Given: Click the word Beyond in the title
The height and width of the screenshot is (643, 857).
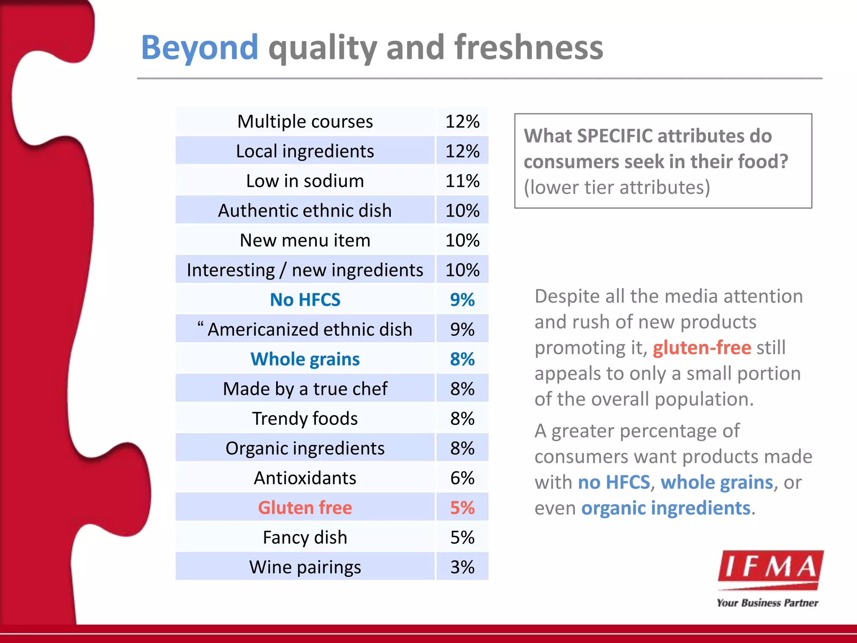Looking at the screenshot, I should coord(200,48).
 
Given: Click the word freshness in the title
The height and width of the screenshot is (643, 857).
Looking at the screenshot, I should coord(529,47).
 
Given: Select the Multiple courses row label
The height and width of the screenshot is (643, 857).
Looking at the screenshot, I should coord(305,122).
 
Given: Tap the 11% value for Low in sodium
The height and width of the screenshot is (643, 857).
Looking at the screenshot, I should coord(462,181).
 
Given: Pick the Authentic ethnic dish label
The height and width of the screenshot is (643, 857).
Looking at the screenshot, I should coord(305,211).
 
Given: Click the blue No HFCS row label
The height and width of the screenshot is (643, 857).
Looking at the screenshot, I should coord(305,300).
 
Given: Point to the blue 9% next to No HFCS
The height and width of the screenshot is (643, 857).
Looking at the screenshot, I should coord(462,300).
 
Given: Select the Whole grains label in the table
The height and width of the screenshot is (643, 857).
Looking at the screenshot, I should coord(305,359).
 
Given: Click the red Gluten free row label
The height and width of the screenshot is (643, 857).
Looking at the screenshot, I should coord(305,508).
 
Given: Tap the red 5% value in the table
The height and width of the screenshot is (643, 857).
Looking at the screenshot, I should coord(462,508).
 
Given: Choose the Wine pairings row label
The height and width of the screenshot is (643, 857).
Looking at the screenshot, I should coord(305,567).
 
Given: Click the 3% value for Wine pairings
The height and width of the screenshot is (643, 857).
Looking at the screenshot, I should coord(462,567).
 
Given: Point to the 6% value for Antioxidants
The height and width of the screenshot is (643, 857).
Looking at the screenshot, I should coord(462,478).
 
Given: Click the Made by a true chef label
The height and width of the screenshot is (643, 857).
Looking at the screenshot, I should coord(305,389).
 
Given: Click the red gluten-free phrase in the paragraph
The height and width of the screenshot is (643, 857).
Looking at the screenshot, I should coord(702,348).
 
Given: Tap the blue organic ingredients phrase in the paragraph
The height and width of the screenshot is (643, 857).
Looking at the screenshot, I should coord(665,508).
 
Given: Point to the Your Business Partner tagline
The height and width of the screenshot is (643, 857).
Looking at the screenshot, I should coord(767,603).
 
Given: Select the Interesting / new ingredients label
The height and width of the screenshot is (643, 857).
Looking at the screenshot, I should coord(305,270).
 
